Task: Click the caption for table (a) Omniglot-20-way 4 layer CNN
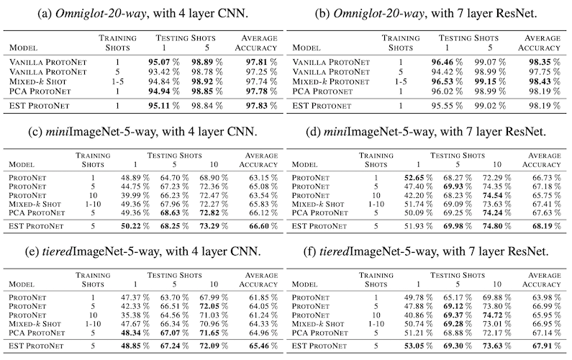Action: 143,14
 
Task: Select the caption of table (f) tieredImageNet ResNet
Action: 426,251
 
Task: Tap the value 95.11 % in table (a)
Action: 164,106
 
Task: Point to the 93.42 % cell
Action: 164,72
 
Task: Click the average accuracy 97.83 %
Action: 261,106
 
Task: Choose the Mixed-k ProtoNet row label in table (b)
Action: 331,82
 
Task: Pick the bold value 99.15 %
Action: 490,82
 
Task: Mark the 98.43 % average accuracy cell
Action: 544,82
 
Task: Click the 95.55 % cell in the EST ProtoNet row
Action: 447,106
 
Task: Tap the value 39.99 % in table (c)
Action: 135,195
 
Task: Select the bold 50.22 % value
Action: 135,226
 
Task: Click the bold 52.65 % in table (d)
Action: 419,178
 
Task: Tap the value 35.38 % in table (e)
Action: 135,315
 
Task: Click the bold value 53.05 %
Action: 419,346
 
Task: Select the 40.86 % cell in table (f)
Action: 419,315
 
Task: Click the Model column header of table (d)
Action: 304,165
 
